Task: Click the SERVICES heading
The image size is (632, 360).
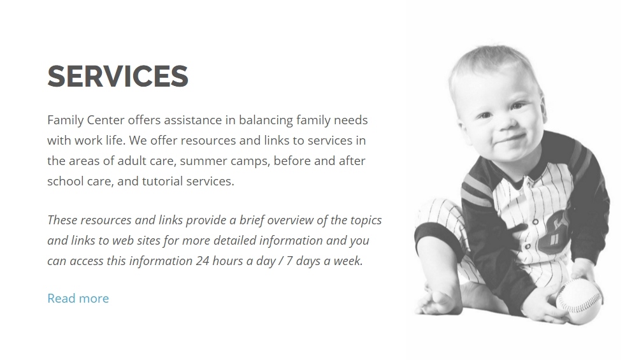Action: click(118, 76)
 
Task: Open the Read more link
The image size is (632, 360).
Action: click(78, 298)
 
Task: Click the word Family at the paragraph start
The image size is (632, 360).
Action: click(65, 120)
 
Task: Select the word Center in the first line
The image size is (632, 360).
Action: click(106, 120)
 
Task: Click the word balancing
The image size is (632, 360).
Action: click(266, 120)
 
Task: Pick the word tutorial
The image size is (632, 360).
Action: click(162, 181)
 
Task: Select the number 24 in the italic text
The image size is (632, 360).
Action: click(203, 261)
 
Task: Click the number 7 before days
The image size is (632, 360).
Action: click(289, 261)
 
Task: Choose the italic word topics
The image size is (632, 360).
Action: click(366, 220)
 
